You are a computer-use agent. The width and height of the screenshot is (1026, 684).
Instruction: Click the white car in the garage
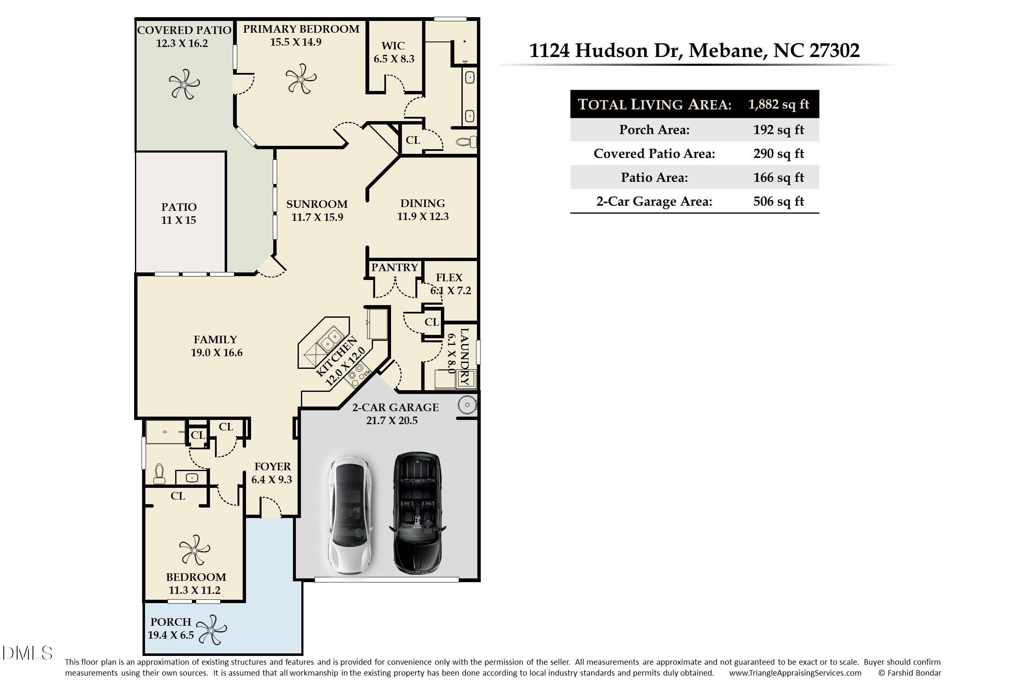(x=351, y=515)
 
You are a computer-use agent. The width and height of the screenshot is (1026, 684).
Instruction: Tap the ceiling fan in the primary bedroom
(x=301, y=78)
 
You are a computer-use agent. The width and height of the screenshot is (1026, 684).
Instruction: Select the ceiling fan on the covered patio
(x=184, y=84)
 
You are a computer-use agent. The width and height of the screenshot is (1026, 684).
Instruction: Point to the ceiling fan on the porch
(x=212, y=630)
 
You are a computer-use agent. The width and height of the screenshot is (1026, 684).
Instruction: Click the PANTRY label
(x=394, y=267)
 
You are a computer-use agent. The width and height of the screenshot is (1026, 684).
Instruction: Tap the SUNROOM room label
(x=317, y=204)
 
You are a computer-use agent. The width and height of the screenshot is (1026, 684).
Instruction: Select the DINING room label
(x=423, y=203)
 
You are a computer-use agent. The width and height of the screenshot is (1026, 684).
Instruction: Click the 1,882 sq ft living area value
(x=779, y=104)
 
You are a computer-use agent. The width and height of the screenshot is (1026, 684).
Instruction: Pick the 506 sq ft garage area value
(x=779, y=201)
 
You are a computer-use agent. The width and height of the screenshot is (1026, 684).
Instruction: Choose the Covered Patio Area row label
(x=654, y=153)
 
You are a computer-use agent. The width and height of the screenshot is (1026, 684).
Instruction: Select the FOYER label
(x=273, y=466)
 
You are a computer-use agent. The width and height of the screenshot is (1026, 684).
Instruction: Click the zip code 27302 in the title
(x=834, y=51)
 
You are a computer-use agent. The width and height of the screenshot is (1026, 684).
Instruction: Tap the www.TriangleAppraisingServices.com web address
(x=795, y=673)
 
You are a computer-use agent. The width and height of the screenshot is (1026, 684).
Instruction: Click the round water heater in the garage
(x=467, y=405)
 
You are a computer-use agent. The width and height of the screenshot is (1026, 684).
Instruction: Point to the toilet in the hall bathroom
(x=159, y=474)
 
